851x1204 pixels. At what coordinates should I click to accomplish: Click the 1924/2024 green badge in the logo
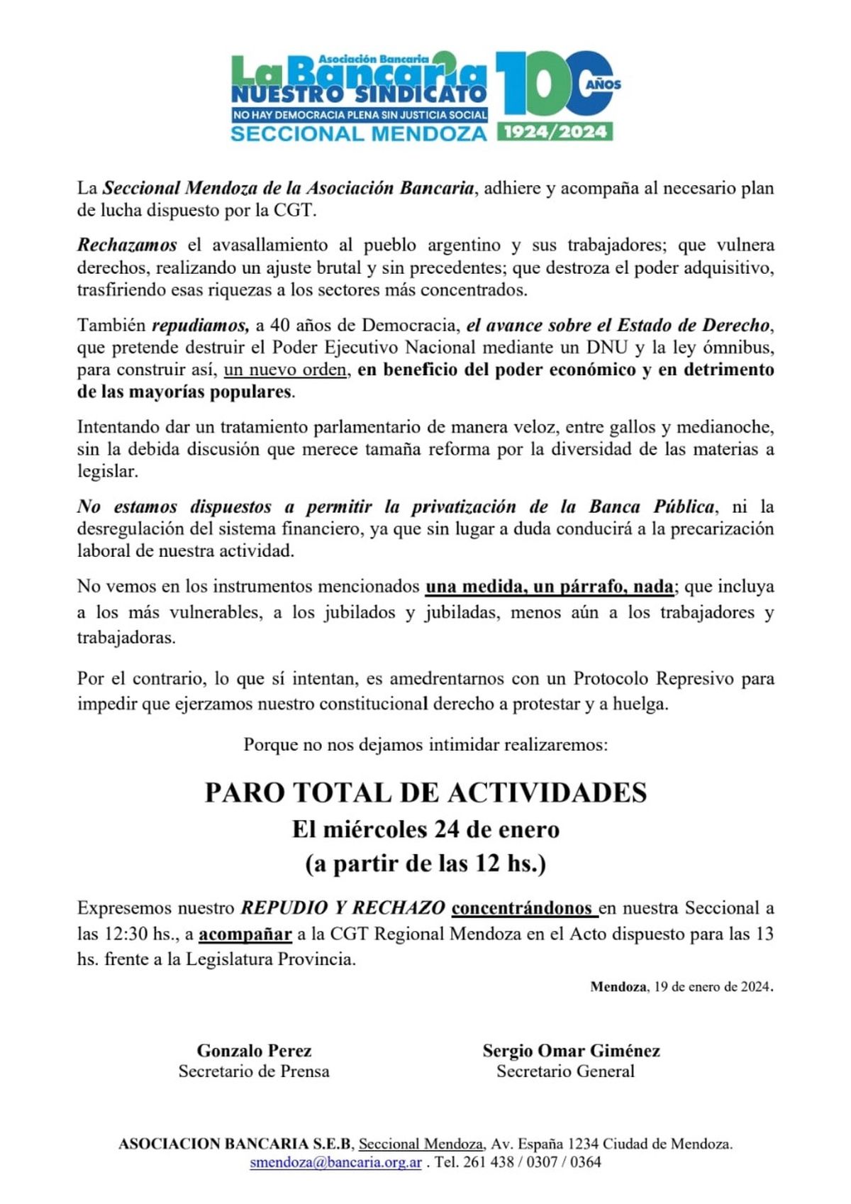point(555,131)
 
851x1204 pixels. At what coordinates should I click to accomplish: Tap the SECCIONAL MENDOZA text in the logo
point(359,133)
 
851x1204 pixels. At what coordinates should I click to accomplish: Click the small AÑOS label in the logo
point(604,84)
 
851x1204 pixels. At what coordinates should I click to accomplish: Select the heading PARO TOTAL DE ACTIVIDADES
point(425,792)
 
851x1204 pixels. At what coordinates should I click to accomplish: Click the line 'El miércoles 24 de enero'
point(425,829)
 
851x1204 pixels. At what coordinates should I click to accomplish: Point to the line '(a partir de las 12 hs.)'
point(425,863)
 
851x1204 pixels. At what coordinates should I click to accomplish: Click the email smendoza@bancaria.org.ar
point(335,1162)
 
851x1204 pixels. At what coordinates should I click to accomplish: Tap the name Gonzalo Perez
point(254,1050)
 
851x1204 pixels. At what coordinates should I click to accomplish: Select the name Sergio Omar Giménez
point(571,1050)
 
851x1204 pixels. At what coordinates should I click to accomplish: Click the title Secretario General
point(565,1071)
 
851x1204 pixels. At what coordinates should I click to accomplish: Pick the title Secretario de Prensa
point(254,1071)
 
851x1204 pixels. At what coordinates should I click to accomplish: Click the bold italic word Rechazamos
point(127,245)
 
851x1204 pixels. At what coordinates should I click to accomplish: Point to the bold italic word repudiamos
point(201,326)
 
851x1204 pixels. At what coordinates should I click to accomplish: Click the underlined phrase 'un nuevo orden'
point(286,370)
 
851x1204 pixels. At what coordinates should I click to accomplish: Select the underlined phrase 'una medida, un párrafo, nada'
point(550,587)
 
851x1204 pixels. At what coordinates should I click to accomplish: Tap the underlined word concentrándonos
point(523,908)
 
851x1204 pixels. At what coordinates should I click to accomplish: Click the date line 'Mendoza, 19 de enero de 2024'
point(681,986)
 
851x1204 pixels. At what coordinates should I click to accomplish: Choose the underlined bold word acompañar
point(245,934)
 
